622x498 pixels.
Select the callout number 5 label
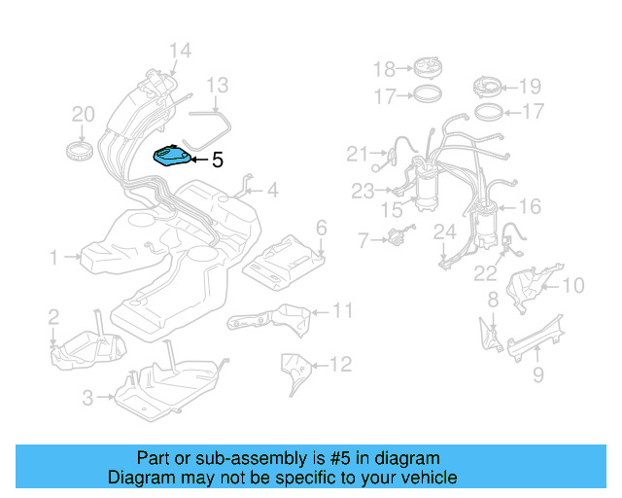218,160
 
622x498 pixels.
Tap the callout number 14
180,52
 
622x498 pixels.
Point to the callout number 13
217,86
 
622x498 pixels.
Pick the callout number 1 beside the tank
55,258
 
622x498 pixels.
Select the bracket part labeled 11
268,317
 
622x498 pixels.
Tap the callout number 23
363,191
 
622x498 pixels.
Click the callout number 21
358,154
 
